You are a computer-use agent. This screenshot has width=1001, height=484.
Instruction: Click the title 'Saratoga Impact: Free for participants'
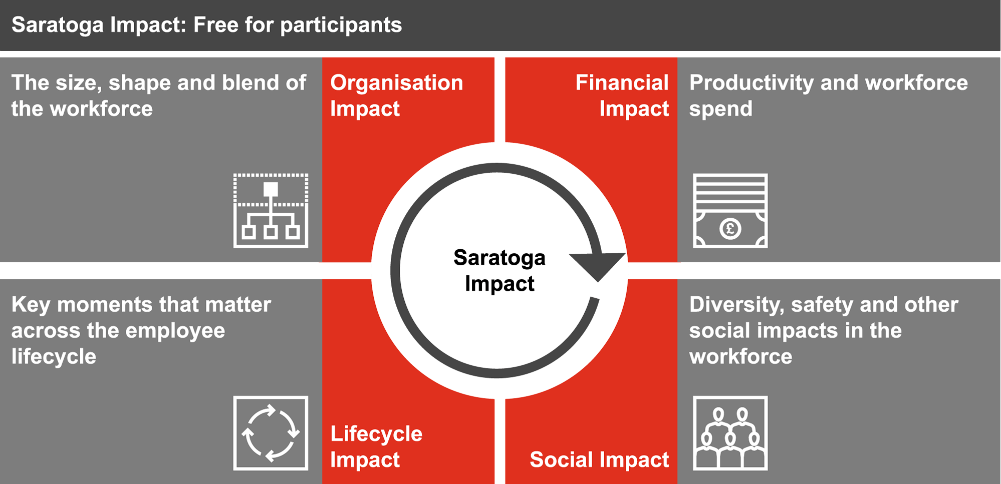(x=206, y=25)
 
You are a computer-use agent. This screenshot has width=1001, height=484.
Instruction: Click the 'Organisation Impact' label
(x=396, y=96)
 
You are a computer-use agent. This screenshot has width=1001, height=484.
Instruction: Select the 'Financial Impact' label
(x=622, y=96)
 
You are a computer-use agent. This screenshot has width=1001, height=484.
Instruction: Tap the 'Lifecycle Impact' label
(x=376, y=446)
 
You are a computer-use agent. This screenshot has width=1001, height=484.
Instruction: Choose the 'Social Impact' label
(x=599, y=459)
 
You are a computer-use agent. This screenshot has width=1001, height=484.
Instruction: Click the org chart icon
(x=271, y=210)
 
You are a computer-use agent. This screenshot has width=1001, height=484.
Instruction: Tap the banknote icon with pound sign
(x=730, y=210)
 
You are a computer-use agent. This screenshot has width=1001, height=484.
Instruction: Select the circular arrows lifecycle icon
(x=271, y=433)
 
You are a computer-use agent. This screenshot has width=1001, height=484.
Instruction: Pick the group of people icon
(x=730, y=433)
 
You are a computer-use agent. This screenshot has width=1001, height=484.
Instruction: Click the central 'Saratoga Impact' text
(x=499, y=270)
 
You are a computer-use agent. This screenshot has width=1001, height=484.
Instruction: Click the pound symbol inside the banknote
(x=730, y=229)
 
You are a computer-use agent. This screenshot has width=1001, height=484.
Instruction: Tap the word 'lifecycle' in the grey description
(x=54, y=357)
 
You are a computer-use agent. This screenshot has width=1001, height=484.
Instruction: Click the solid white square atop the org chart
(x=271, y=189)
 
